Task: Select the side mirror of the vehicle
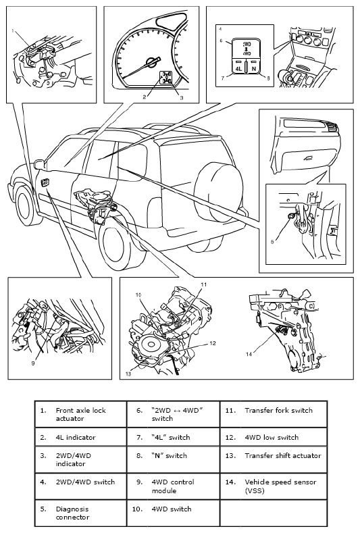(x=38, y=164)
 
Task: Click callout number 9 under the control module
(x=33, y=363)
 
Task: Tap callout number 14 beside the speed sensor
(x=249, y=354)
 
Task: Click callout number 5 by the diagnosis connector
(x=272, y=242)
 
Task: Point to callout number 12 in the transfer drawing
(x=213, y=343)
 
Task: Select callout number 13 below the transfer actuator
(x=128, y=374)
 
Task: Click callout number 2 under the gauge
(x=145, y=97)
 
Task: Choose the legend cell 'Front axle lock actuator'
(x=80, y=414)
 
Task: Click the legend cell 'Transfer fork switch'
(x=274, y=414)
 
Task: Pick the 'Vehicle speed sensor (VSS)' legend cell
(x=274, y=486)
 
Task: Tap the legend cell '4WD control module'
(x=174, y=486)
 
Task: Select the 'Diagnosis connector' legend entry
(x=80, y=513)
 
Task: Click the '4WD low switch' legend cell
(x=274, y=437)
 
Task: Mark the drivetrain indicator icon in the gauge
(x=166, y=77)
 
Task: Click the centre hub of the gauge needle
(x=150, y=62)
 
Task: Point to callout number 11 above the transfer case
(x=203, y=284)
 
